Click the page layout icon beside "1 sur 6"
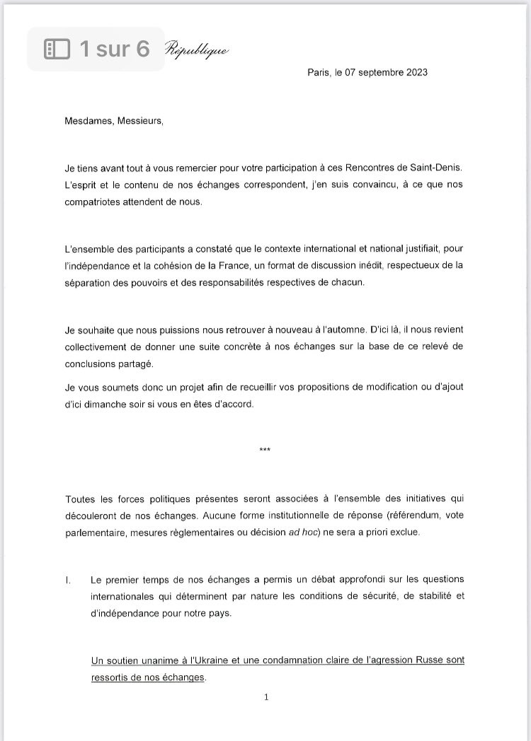click(56, 49)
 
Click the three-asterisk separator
click(265, 450)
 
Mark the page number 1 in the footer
click(265, 697)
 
